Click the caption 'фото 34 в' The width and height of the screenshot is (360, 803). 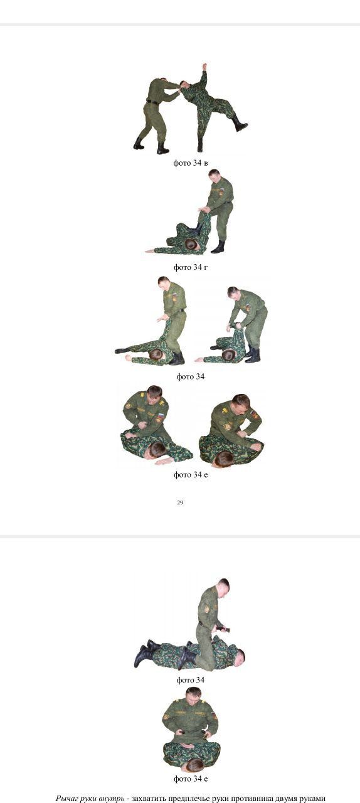(x=191, y=163)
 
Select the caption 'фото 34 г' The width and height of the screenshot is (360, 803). (x=191, y=267)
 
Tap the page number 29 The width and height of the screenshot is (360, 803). (x=180, y=503)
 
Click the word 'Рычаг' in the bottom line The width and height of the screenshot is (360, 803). (x=66, y=798)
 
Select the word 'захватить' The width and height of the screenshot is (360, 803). (x=149, y=798)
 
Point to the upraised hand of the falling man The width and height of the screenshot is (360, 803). (x=204, y=67)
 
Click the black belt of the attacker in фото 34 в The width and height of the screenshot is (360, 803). (x=152, y=102)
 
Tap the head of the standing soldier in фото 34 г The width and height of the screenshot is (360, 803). (x=214, y=176)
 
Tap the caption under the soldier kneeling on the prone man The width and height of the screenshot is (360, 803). (x=191, y=680)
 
